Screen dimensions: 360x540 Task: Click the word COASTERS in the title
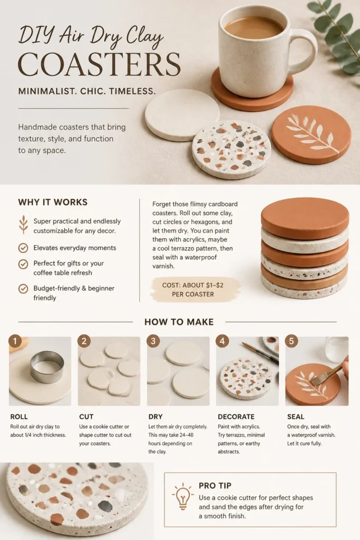point(99,64)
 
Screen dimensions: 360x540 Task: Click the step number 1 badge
point(15,341)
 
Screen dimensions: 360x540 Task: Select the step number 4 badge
point(222,341)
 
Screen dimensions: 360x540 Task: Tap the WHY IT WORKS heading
point(53,202)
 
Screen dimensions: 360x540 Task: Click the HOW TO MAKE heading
point(179,322)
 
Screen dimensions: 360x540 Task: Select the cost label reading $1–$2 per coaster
point(193,290)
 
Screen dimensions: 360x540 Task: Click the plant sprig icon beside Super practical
point(23,225)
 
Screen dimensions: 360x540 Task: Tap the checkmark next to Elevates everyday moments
point(23,248)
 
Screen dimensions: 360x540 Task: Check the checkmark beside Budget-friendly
point(23,288)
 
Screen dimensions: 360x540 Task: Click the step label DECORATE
point(236,417)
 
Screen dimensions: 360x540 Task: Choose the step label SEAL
point(296,417)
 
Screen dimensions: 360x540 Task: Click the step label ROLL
point(19,417)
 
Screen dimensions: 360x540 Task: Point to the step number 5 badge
point(291,341)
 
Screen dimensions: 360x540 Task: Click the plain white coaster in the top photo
point(182,114)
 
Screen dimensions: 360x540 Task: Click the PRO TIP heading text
point(215,486)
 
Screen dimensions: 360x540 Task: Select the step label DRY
point(155,417)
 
